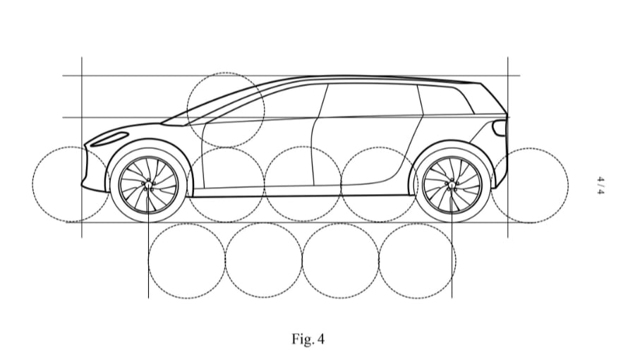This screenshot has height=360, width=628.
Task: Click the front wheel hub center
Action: click(148, 185)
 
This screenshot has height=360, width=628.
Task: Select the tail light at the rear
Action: click(500, 127)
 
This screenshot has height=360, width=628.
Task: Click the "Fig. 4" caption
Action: click(308, 339)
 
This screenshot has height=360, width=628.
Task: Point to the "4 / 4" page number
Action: click(601, 185)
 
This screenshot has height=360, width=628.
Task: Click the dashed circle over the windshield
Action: click(226, 109)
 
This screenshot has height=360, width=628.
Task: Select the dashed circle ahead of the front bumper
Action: click(70, 184)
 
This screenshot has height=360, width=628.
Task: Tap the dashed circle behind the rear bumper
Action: click(530, 185)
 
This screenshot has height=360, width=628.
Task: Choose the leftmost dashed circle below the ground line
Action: click(187, 260)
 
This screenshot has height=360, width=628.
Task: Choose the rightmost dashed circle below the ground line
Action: click(416, 260)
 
